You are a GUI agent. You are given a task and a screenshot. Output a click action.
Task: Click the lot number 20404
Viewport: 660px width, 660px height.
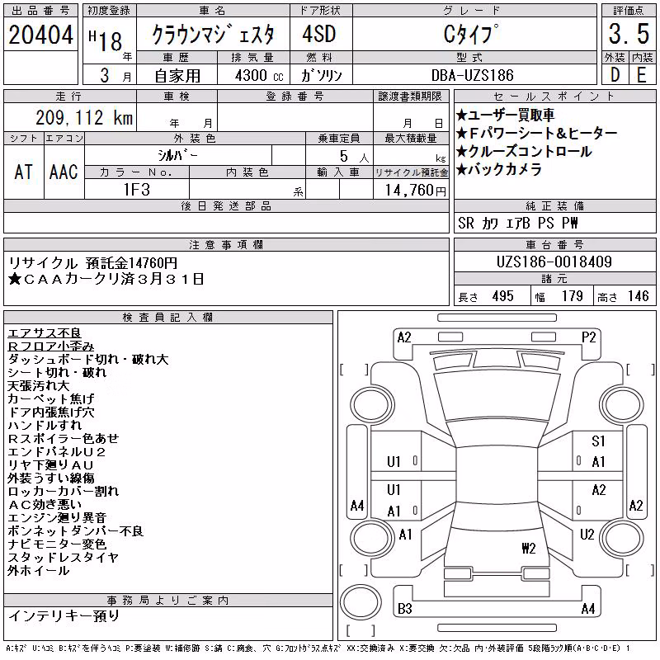tap(40, 34)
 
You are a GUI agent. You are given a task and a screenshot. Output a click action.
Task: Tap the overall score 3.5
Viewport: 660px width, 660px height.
tap(629, 34)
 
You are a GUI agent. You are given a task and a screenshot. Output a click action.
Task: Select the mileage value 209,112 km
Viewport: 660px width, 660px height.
tap(84, 117)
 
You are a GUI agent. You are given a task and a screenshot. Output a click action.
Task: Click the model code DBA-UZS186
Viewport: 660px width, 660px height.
tap(473, 75)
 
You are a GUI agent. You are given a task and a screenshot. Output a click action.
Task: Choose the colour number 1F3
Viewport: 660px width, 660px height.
tap(137, 190)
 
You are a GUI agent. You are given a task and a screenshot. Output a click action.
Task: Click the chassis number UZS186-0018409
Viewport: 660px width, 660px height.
tap(554, 262)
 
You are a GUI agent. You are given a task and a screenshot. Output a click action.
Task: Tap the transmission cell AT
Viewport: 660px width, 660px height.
tap(23, 172)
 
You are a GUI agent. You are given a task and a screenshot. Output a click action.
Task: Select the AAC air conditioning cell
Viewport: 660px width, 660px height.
tap(64, 172)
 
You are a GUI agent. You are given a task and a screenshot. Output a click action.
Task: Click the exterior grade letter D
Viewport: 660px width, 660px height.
tap(615, 75)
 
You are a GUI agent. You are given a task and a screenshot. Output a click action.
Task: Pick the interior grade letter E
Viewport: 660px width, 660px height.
tap(642, 75)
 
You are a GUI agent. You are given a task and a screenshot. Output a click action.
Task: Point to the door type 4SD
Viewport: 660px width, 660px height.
tap(319, 34)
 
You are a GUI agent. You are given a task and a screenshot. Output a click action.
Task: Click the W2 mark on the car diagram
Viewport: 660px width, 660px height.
tap(529, 548)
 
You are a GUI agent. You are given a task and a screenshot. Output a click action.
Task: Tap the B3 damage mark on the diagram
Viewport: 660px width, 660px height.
tap(405, 608)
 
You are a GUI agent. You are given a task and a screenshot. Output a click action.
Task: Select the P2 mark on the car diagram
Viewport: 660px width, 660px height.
tap(588, 337)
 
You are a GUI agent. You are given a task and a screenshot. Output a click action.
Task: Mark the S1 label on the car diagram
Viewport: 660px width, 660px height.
tap(598, 441)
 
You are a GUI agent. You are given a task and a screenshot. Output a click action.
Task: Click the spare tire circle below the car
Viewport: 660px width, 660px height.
tap(360, 601)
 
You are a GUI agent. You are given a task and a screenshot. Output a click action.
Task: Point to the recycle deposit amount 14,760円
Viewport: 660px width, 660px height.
tap(416, 190)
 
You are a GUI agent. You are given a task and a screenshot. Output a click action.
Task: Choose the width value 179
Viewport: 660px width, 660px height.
tap(572, 296)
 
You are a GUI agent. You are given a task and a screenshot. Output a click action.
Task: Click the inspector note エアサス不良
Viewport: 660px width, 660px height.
tap(45, 333)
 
